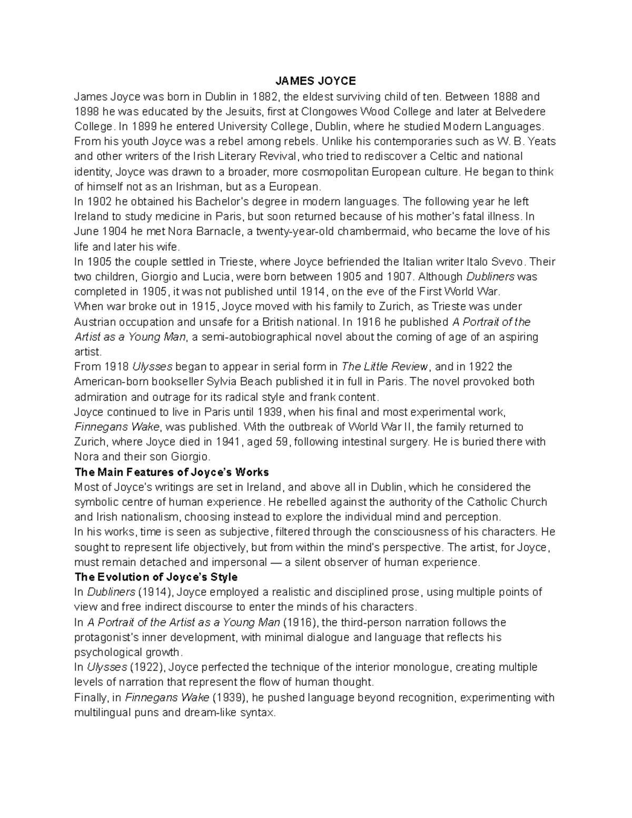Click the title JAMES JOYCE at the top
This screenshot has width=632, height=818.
[x=316, y=81]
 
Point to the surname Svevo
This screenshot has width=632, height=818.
[x=510, y=262]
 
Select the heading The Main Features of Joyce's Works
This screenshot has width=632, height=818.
[x=172, y=472]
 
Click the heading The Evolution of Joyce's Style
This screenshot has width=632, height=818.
[x=156, y=577]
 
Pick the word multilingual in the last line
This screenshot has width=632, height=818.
[x=102, y=713]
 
